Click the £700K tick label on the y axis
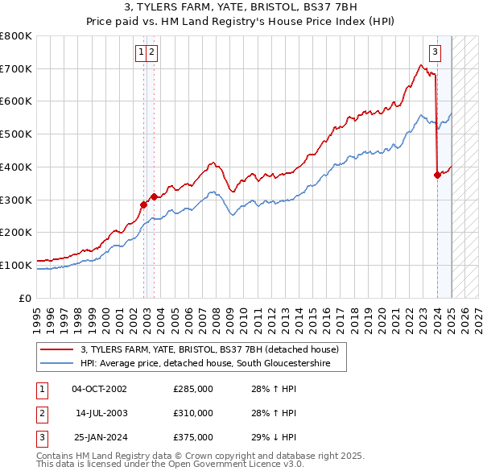[x=16, y=68]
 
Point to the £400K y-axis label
[x=16, y=167]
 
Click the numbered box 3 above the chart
[x=435, y=53]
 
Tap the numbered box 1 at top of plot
[x=142, y=53]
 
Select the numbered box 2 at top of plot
[x=152, y=53]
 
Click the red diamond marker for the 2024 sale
[x=437, y=175]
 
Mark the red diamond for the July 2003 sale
[x=153, y=196]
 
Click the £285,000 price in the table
[x=193, y=389]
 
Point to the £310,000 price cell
[x=193, y=413]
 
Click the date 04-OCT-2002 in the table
[x=99, y=389]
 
